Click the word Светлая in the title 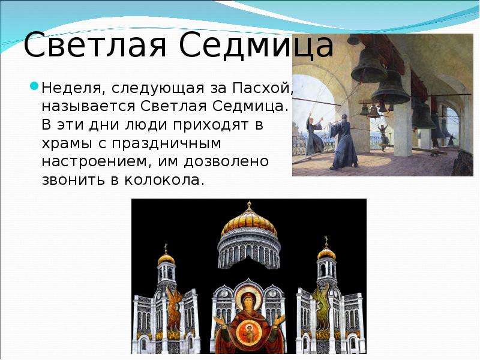tap(95, 45)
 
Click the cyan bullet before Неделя tap(34, 86)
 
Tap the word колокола tap(164, 179)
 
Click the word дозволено tap(226, 161)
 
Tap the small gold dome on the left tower tap(166, 259)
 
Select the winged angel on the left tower tap(174, 309)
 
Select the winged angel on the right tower tap(321, 306)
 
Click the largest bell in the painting tap(368, 66)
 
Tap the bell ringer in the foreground tap(344, 142)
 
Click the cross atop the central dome tap(249, 205)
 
